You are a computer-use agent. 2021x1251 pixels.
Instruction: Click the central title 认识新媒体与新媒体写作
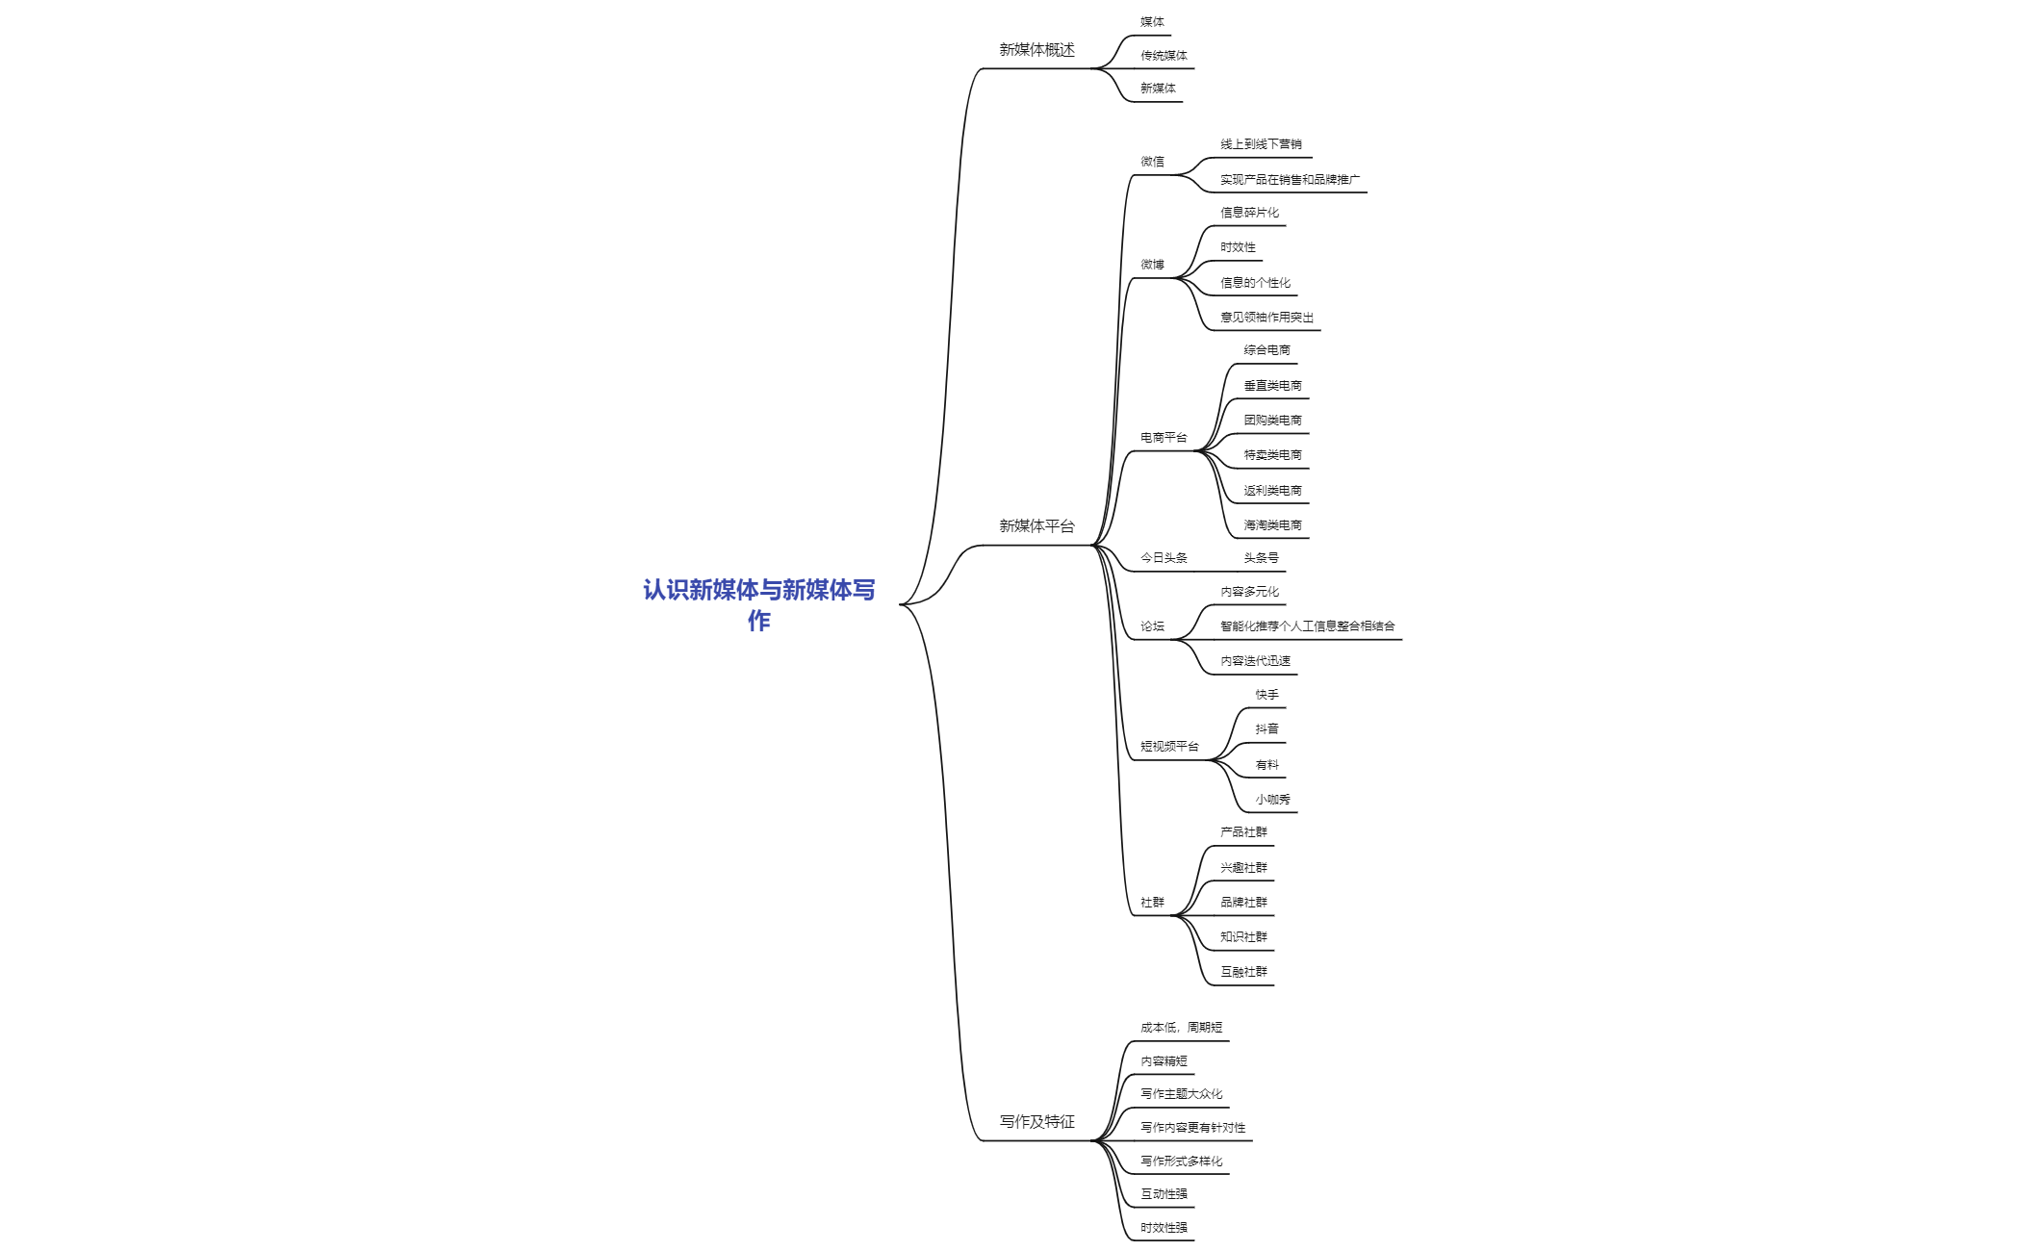(759, 604)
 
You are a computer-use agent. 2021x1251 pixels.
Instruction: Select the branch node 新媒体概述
(1036, 50)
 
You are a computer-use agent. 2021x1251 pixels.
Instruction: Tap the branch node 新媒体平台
(1036, 526)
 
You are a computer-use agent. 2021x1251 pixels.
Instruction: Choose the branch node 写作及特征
(1036, 1122)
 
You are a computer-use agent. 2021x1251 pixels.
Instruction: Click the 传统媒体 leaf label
(1164, 56)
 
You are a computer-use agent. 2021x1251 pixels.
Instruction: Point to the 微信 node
(1152, 162)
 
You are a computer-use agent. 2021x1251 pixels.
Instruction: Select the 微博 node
(1152, 265)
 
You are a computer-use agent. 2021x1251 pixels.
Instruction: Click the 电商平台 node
(1164, 438)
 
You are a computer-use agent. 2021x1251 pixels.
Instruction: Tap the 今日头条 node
(1164, 558)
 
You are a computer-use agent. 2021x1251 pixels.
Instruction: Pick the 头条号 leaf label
(1261, 558)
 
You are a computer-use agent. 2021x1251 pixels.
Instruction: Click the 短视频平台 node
(1169, 747)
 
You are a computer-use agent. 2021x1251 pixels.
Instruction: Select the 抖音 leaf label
(1266, 729)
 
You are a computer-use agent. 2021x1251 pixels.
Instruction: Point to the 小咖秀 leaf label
(1272, 800)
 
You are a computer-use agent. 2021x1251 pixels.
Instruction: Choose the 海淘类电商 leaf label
(1272, 525)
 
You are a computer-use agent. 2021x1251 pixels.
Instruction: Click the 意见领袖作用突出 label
(1266, 318)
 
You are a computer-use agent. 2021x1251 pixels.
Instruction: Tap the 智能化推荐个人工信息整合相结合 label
(1307, 626)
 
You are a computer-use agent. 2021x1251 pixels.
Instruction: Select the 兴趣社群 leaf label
(1243, 868)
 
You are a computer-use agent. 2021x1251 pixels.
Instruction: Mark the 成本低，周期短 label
(1181, 1028)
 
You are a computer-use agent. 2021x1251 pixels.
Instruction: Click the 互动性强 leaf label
(1164, 1194)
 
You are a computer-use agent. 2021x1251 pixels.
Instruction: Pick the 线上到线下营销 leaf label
(1261, 144)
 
